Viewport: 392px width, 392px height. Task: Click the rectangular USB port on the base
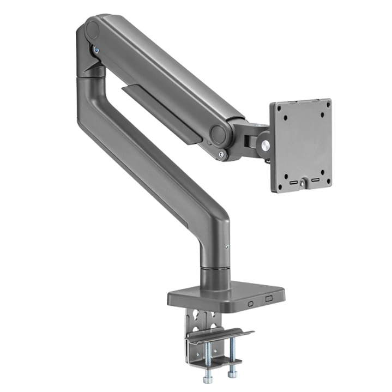point(269,299)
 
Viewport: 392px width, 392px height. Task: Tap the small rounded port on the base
point(251,303)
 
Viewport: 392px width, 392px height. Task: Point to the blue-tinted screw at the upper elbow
point(97,50)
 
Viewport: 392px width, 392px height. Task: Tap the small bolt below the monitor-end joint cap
point(221,154)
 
